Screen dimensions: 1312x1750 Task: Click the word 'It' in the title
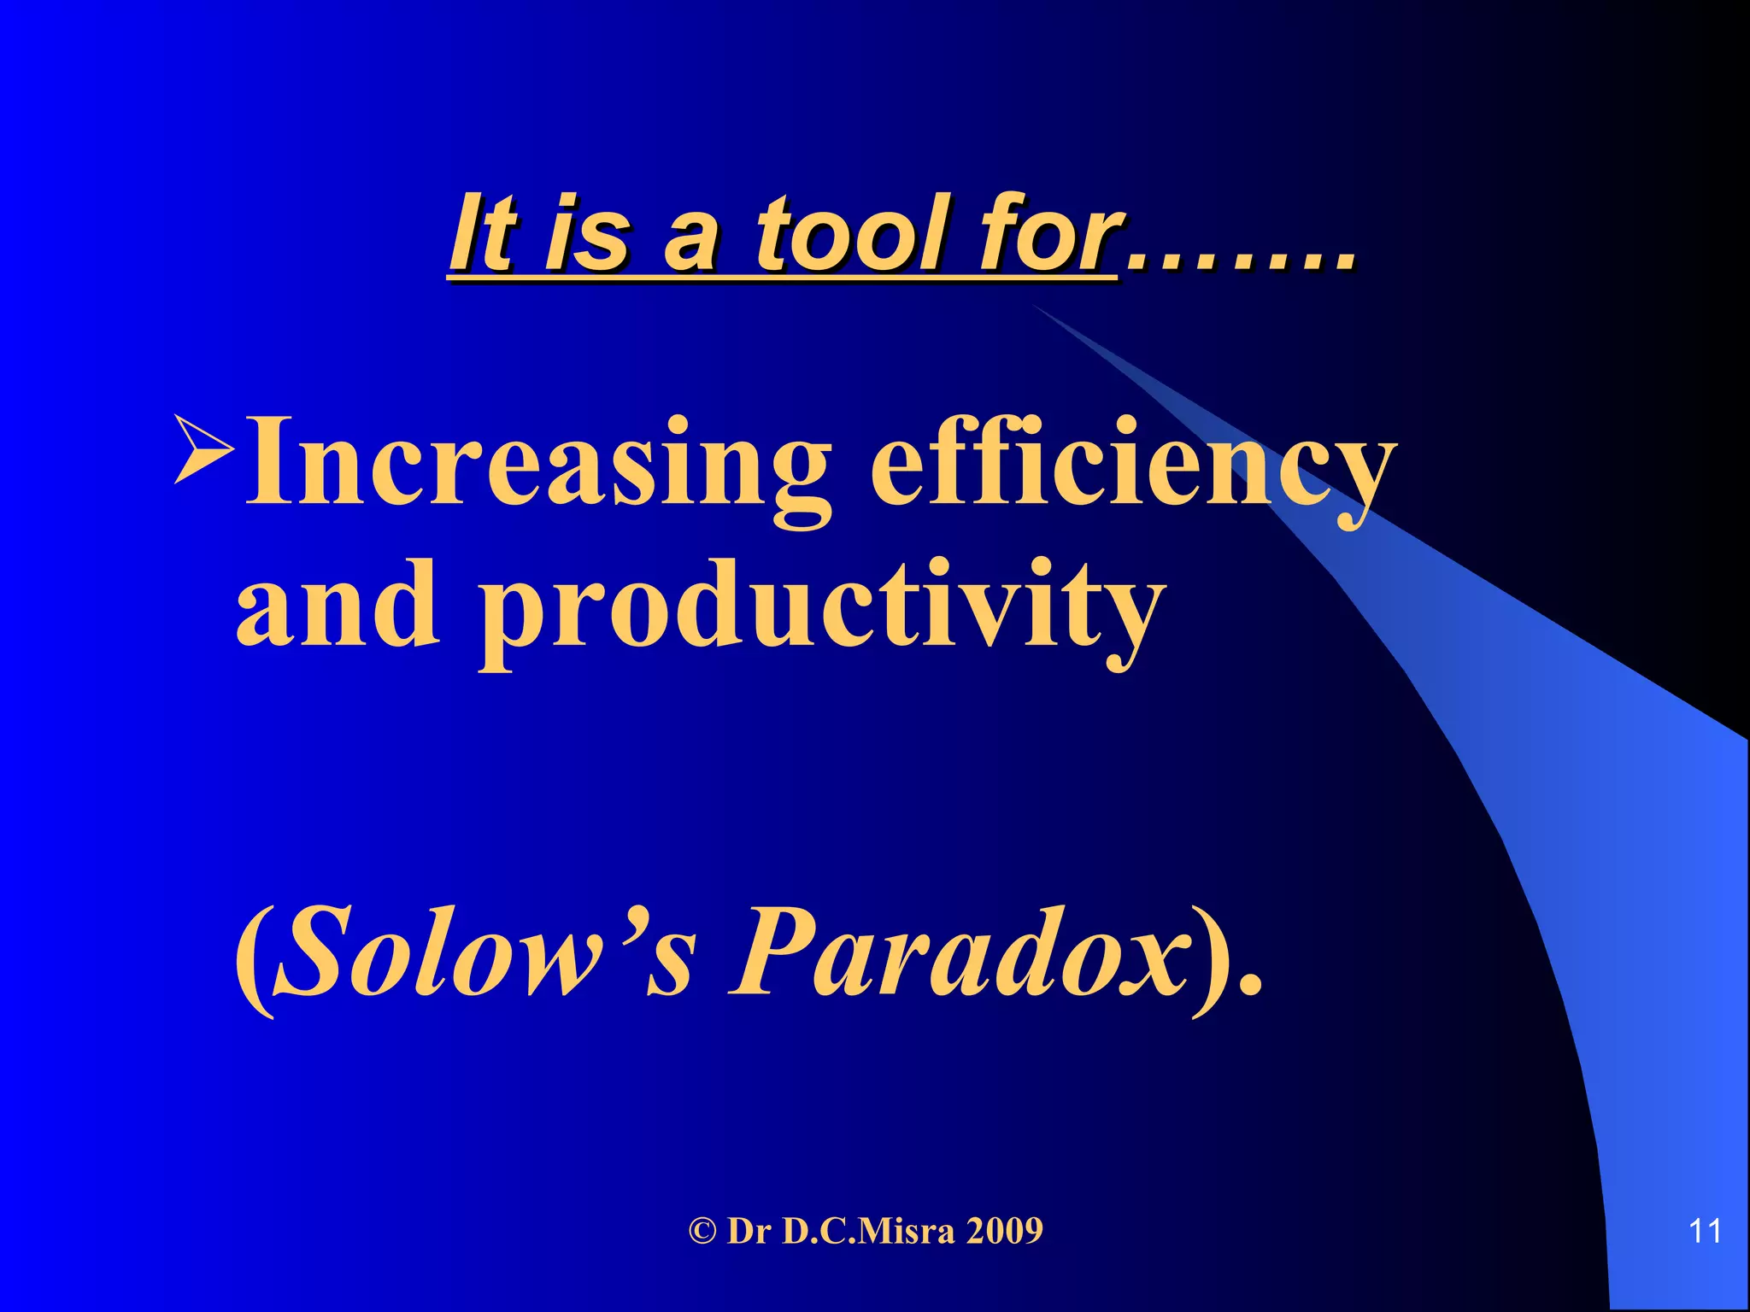coord(484,232)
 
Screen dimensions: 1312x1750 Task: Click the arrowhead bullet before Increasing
coord(203,448)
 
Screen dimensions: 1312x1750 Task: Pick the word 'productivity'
coord(820,611)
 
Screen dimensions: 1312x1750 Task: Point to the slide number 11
coord(1705,1231)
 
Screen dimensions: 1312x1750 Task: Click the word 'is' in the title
coord(588,232)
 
